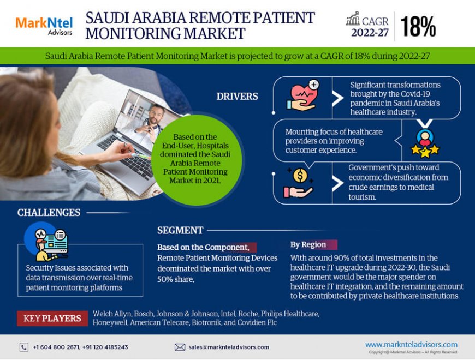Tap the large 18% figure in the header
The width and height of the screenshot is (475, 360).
click(x=418, y=26)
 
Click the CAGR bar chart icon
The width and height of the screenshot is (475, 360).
click(x=353, y=19)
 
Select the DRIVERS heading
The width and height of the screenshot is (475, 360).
click(x=237, y=97)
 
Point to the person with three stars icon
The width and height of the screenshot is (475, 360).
click(x=424, y=143)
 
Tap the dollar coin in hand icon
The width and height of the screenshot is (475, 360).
click(x=299, y=183)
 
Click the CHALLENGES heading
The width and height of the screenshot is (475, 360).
click(x=49, y=212)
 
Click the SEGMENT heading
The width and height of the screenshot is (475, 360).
click(x=180, y=230)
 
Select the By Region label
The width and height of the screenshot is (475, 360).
click(x=308, y=244)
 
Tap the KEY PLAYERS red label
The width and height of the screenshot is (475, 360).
click(x=52, y=318)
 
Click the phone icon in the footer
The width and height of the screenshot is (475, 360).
click(x=23, y=347)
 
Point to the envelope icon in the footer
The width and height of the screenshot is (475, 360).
click(x=180, y=347)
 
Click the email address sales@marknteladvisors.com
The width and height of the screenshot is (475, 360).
click(x=229, y=347)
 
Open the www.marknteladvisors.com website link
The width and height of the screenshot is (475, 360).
click(x=411, y=344)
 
